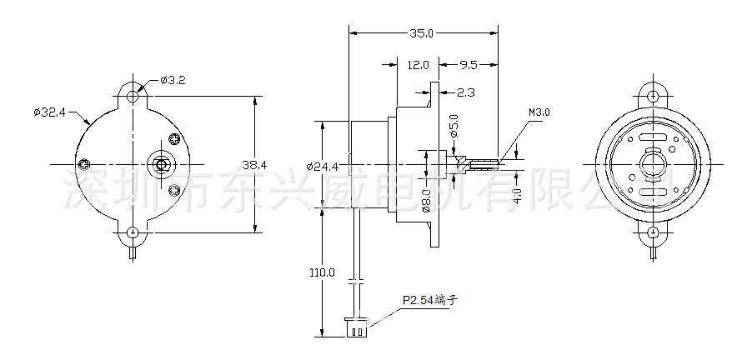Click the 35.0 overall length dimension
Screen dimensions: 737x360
tap(421, 32)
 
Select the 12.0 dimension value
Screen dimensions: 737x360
tap(418, 65)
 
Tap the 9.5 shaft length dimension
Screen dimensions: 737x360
tap(469, 65)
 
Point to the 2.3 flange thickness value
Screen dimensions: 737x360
tap(465, 92)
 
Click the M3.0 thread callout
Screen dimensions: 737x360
tap(539, 112)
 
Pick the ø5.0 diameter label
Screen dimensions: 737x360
tap(454, 126)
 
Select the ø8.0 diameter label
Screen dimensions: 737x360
tap(426, 200)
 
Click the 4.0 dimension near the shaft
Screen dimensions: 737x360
tap(517, 195)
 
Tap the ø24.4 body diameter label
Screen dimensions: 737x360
tap(322, 166)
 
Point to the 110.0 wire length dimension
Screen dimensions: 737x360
tap(322, 272)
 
